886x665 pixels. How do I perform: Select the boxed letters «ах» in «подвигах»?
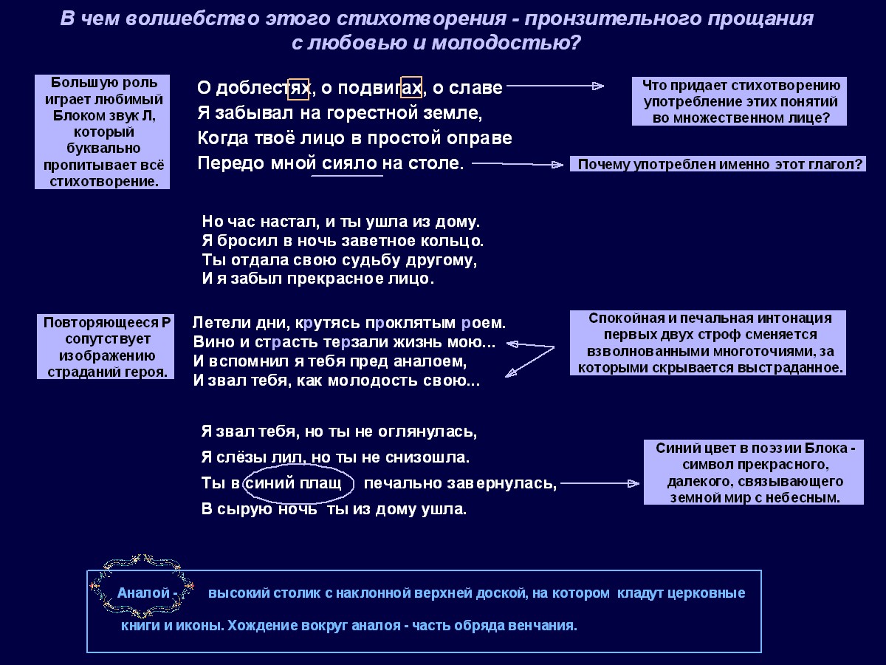(411, 88)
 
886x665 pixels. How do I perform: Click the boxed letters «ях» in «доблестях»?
(298, 88)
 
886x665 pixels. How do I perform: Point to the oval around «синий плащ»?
(299, 483)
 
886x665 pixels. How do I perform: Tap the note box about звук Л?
(102, 132)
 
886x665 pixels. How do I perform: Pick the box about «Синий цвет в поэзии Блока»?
(753, 472)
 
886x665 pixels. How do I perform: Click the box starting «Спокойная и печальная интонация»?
(707, 343)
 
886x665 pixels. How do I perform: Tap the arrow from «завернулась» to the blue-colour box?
(600, 484)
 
